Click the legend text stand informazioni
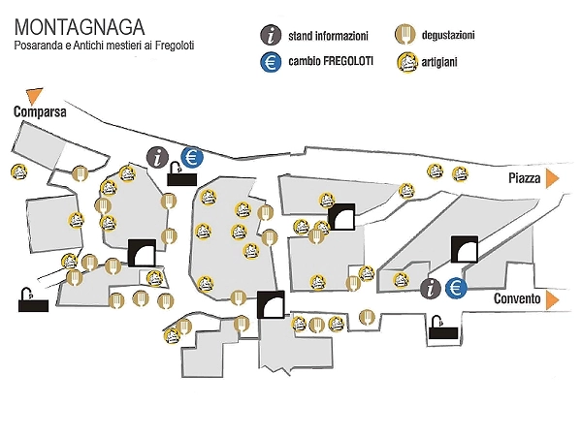pyautogui.click(x=328, y=37)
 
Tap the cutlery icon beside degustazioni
pyautogui.click(x=406, y=36)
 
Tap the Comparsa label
pyautogui.click(x=40, y=112)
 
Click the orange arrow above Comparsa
pyautogui.click(x=36, y=95)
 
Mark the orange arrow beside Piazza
pyautogui.click(x=552, y=178)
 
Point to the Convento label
pyautogui.click(x=516, y=299)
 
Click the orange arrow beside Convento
pyautogui.click(x=552, y=298)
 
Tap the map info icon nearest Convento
pyautogui.click(x=432, y=288)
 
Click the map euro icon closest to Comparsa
pyautogui.click(x=192, y=155)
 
